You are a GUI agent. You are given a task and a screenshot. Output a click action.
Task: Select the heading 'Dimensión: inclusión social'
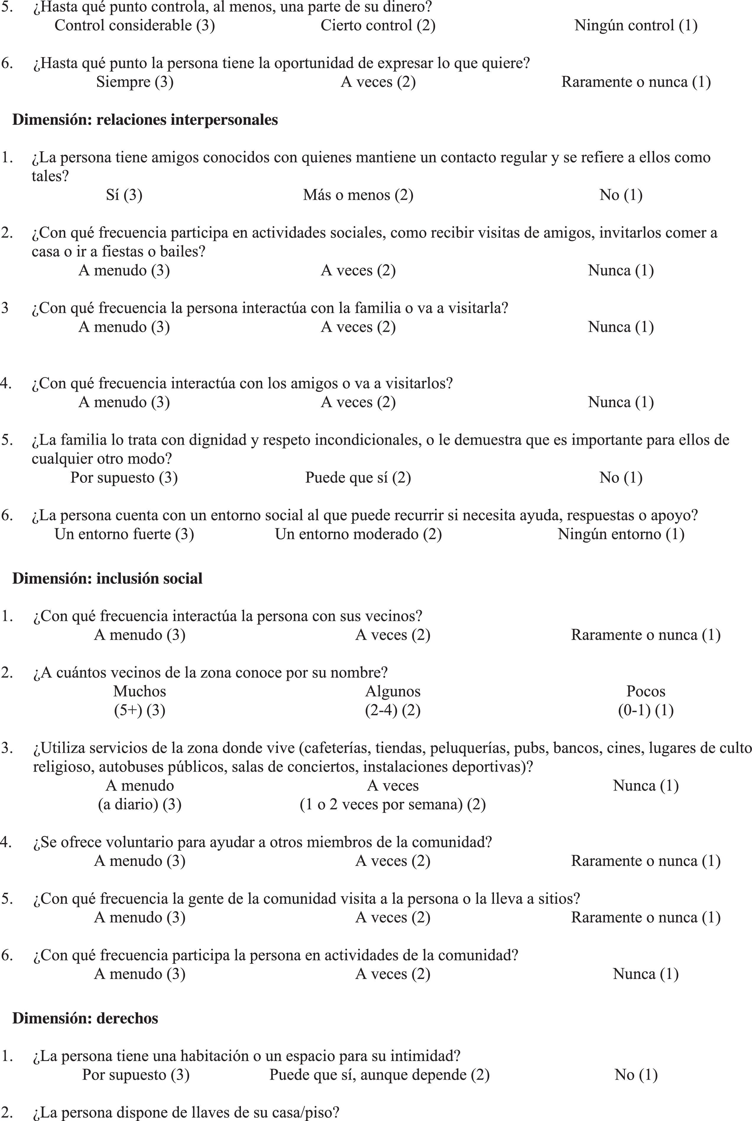click(107, 579)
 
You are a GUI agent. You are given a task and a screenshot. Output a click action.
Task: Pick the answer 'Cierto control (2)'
click(378, 25)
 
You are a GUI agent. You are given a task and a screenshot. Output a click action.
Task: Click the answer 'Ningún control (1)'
click(636, 25)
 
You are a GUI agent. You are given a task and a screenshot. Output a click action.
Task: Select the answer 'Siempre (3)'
click(135, 82)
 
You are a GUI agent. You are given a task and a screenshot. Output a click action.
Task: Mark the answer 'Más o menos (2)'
click(358, 195)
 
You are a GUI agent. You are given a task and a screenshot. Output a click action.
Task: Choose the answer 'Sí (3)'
click(124, 195)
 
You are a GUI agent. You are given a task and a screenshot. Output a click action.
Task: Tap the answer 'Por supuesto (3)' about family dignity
click(124, 478)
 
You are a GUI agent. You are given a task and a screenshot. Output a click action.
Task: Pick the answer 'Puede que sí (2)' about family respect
click(358, 478)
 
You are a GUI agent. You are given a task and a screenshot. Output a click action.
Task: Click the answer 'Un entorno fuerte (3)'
click(124, 534)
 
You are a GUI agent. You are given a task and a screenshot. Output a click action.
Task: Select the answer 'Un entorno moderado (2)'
click(358, 534)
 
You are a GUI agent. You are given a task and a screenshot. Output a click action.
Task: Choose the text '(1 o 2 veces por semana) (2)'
click(393, 804)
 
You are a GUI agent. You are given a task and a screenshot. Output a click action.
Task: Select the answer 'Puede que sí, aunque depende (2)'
click(379, 1075)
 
